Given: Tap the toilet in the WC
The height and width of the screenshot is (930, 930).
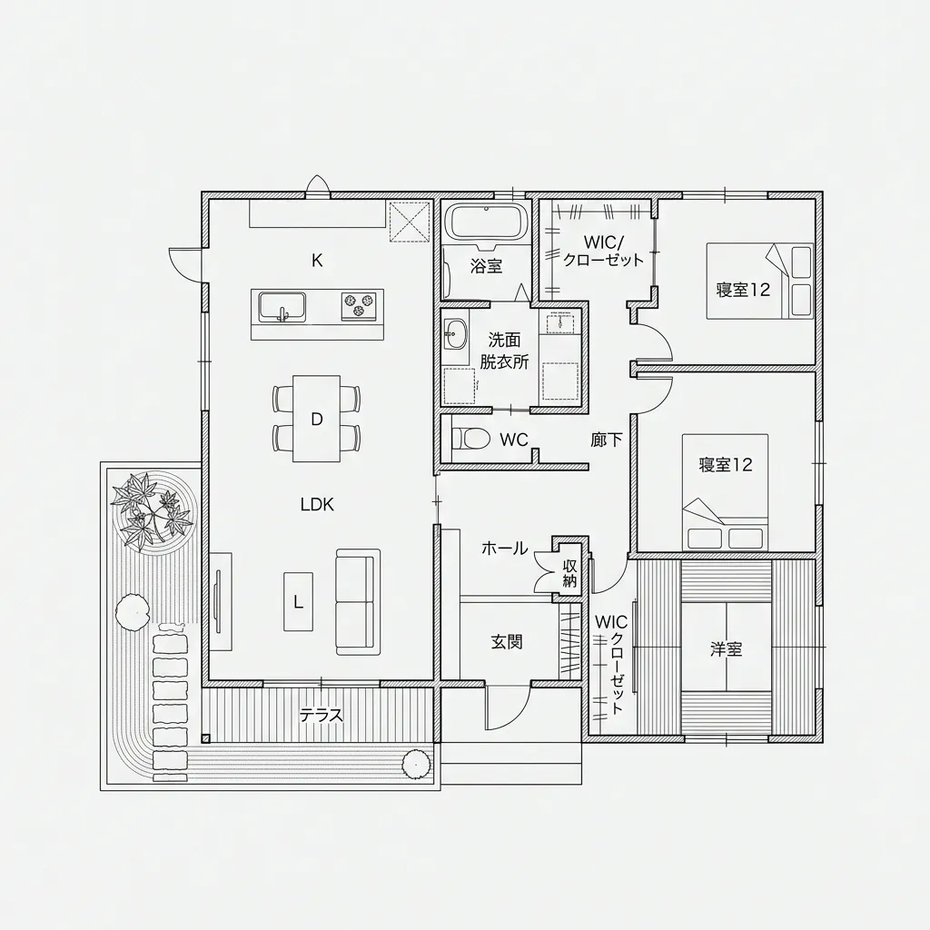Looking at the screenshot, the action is click(470, 439).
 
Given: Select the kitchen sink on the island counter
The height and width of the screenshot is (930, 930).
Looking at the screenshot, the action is click(282, 307).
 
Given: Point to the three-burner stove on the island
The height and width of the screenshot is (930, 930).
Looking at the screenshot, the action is click(359, 306).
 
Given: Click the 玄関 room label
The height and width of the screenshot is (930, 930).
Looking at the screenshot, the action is click(507, 641).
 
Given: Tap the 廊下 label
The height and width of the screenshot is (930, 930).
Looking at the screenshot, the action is click(607, 440).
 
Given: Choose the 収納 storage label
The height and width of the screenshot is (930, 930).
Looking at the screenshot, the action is click(569, 573).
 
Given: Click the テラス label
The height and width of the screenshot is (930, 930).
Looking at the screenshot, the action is click(321, 715).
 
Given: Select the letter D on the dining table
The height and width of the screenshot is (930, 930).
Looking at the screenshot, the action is click(317, 420).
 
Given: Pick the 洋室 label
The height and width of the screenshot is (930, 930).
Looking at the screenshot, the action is click(726, 648).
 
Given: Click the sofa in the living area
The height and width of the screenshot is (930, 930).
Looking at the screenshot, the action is click(358, 601).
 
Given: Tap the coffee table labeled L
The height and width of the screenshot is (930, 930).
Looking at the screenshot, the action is click(298, 601).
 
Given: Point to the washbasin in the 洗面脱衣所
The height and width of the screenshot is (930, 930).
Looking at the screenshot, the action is click(455, 336).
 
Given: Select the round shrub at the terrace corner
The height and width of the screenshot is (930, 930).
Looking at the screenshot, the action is click(417, 765).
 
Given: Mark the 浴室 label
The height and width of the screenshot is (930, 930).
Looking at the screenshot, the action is click(487, 266).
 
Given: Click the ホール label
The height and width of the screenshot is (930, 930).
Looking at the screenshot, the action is click(504, 549).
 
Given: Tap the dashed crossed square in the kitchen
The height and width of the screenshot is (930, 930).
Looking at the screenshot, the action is click(410, 222).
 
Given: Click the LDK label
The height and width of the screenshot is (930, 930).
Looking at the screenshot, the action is click(317, 505).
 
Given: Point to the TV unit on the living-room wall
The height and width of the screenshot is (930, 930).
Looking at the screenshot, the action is click(221, 601).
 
